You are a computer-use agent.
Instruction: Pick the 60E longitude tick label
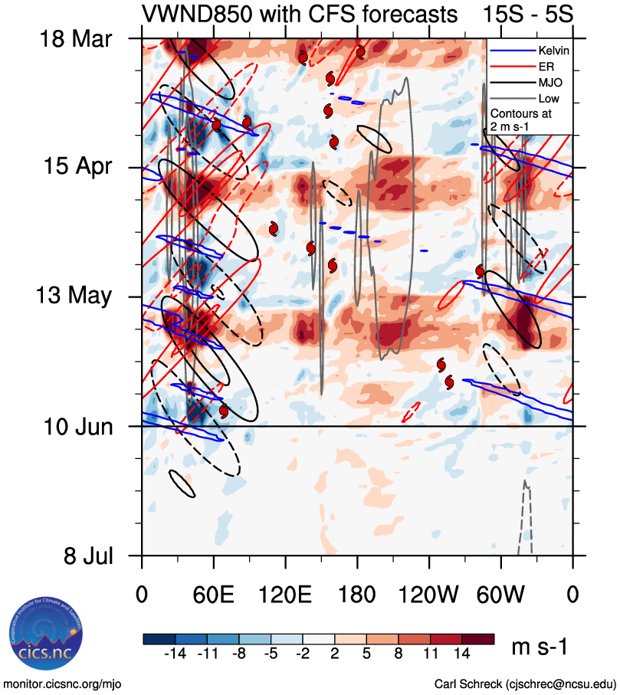click(x=214, y=593)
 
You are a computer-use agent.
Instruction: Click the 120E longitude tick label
click(x=285, y=593)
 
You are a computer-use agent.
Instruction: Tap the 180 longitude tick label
click(x=357, y=593)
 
